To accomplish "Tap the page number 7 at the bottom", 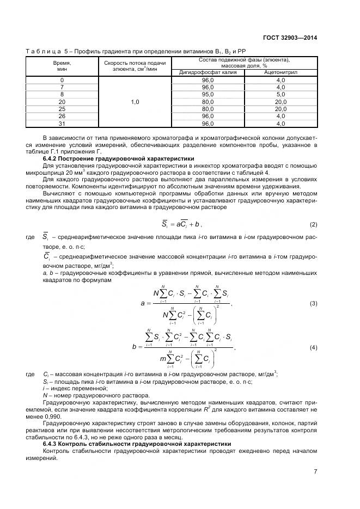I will [x=315, y=471].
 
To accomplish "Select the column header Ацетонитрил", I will [x=280, y=72].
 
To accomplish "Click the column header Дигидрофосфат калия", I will [x=208, y=72].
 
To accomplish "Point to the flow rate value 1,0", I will [x=135, y=102].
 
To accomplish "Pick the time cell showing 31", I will [x=62, y=123].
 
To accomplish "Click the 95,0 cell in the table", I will [x=208, y=95].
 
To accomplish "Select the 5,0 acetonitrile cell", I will [x=280, y=95].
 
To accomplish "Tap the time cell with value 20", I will [x=62, y=102].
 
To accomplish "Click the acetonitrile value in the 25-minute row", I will [x=280, y=109].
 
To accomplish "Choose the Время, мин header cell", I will [x=62, y=66].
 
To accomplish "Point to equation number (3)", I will [x=313, y=303].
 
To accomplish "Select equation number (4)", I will [x=313, y=347].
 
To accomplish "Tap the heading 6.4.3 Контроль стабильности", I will [x=137, y=444].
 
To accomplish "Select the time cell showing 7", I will [x=62, y=88].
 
